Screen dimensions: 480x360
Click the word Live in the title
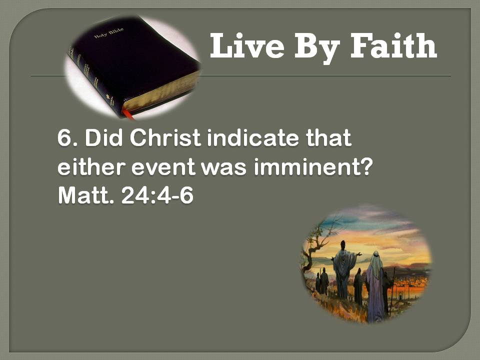[247, 45]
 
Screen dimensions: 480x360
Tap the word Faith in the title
[393, 45]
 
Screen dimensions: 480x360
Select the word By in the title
[317, 48]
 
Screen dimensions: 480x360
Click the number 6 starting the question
[64, 138]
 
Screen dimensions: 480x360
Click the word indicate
[253, 138]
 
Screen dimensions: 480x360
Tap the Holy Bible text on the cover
[108, 33]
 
